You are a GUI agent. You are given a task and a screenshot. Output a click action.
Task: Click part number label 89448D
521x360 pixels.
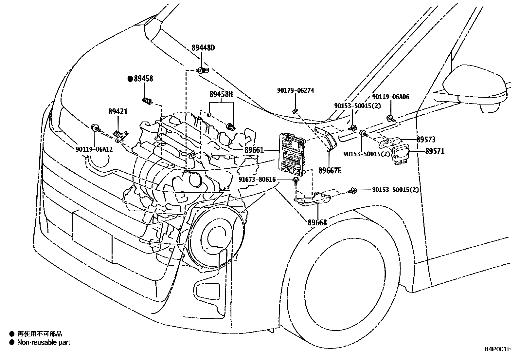(203, 48)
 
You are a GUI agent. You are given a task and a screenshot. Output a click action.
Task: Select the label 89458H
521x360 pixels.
(221, 94)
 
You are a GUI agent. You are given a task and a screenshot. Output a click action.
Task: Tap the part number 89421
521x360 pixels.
(118, 112)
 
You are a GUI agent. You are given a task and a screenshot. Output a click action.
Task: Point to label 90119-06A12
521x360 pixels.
(94, 149)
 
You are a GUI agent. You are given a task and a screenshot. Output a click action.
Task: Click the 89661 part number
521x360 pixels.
(254, 150)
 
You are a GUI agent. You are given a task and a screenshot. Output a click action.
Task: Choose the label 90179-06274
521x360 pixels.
(296, 90)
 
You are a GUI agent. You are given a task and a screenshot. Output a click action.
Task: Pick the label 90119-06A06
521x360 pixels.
(391, 97)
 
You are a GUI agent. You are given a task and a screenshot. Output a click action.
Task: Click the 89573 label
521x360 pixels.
(426, 140)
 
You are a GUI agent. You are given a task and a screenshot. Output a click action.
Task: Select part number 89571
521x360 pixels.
(435, 151)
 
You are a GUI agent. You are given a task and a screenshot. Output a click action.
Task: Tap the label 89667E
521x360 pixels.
(330, 171)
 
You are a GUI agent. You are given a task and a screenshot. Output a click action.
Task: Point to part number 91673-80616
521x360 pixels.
(257, 180)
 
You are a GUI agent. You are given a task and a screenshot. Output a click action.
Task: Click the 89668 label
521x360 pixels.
(317, 223)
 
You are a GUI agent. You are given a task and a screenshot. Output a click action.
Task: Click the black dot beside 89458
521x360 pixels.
(130, 79)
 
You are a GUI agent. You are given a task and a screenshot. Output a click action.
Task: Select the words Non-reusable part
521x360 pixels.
(44, 342)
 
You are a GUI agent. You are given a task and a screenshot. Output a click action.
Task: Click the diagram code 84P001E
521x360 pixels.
(498, 349)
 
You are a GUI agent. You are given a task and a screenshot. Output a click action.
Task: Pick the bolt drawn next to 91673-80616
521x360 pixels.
(296, 182)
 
